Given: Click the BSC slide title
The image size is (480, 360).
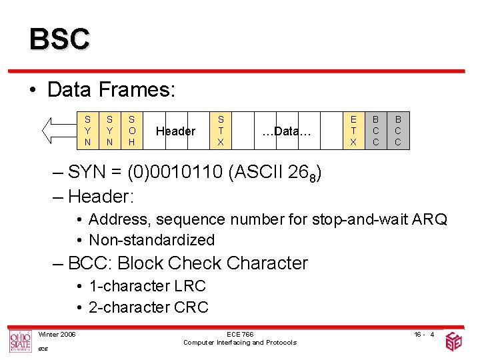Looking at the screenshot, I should (59, 39).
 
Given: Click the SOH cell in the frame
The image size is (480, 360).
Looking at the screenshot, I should (131, 131).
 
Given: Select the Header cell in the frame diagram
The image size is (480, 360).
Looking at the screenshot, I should (175, 131).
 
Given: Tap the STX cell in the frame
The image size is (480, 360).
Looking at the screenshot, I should (220, 131).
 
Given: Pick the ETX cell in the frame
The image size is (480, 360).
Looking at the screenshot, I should (353, 131).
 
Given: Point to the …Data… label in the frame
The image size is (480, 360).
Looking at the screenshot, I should (287, 131).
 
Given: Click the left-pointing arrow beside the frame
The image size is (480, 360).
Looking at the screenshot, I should (57, 131).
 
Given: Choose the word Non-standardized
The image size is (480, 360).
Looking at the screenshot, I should (151, 240).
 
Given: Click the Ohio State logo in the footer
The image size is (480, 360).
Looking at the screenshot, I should (20, 341).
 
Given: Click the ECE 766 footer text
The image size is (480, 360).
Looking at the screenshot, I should (240, 334).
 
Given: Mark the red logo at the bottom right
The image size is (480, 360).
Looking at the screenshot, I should (455, 341).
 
